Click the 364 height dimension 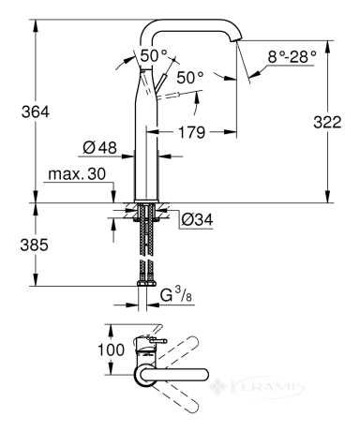click(36, 111)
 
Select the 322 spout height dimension click(327, 122)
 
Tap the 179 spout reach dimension click(191, 132)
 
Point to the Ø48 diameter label click(99, 147)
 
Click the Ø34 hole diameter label click(197, 219)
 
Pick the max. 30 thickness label click(77, 174)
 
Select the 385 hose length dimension click(35, 245)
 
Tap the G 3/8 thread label click(176, 295)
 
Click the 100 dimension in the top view click(111, 349)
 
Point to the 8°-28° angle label click(292, 57)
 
